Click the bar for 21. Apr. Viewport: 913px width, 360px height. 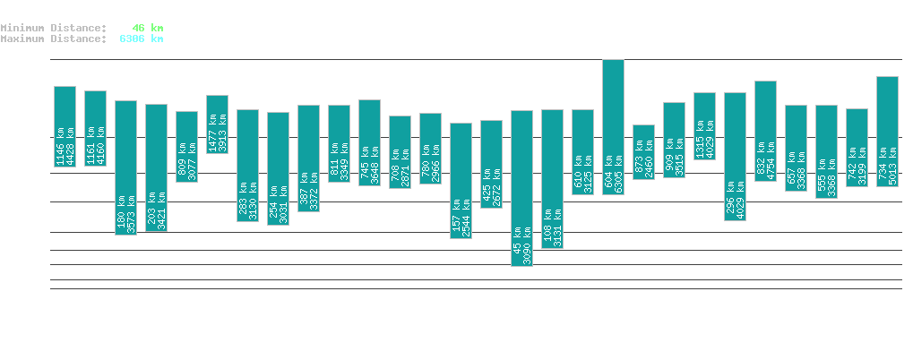[x=613, y=127]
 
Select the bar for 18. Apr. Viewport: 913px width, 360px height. [x=521, y=188]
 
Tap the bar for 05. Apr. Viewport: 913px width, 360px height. [x=125, y=167]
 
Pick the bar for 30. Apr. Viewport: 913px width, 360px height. [x=887, y=132]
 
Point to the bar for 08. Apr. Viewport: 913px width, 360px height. [x=217, y=124]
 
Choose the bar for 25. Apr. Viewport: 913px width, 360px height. [x=735, y=157]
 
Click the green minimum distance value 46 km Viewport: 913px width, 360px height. [x=147, y=28]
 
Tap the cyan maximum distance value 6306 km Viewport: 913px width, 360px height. [x=141, y=39]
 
